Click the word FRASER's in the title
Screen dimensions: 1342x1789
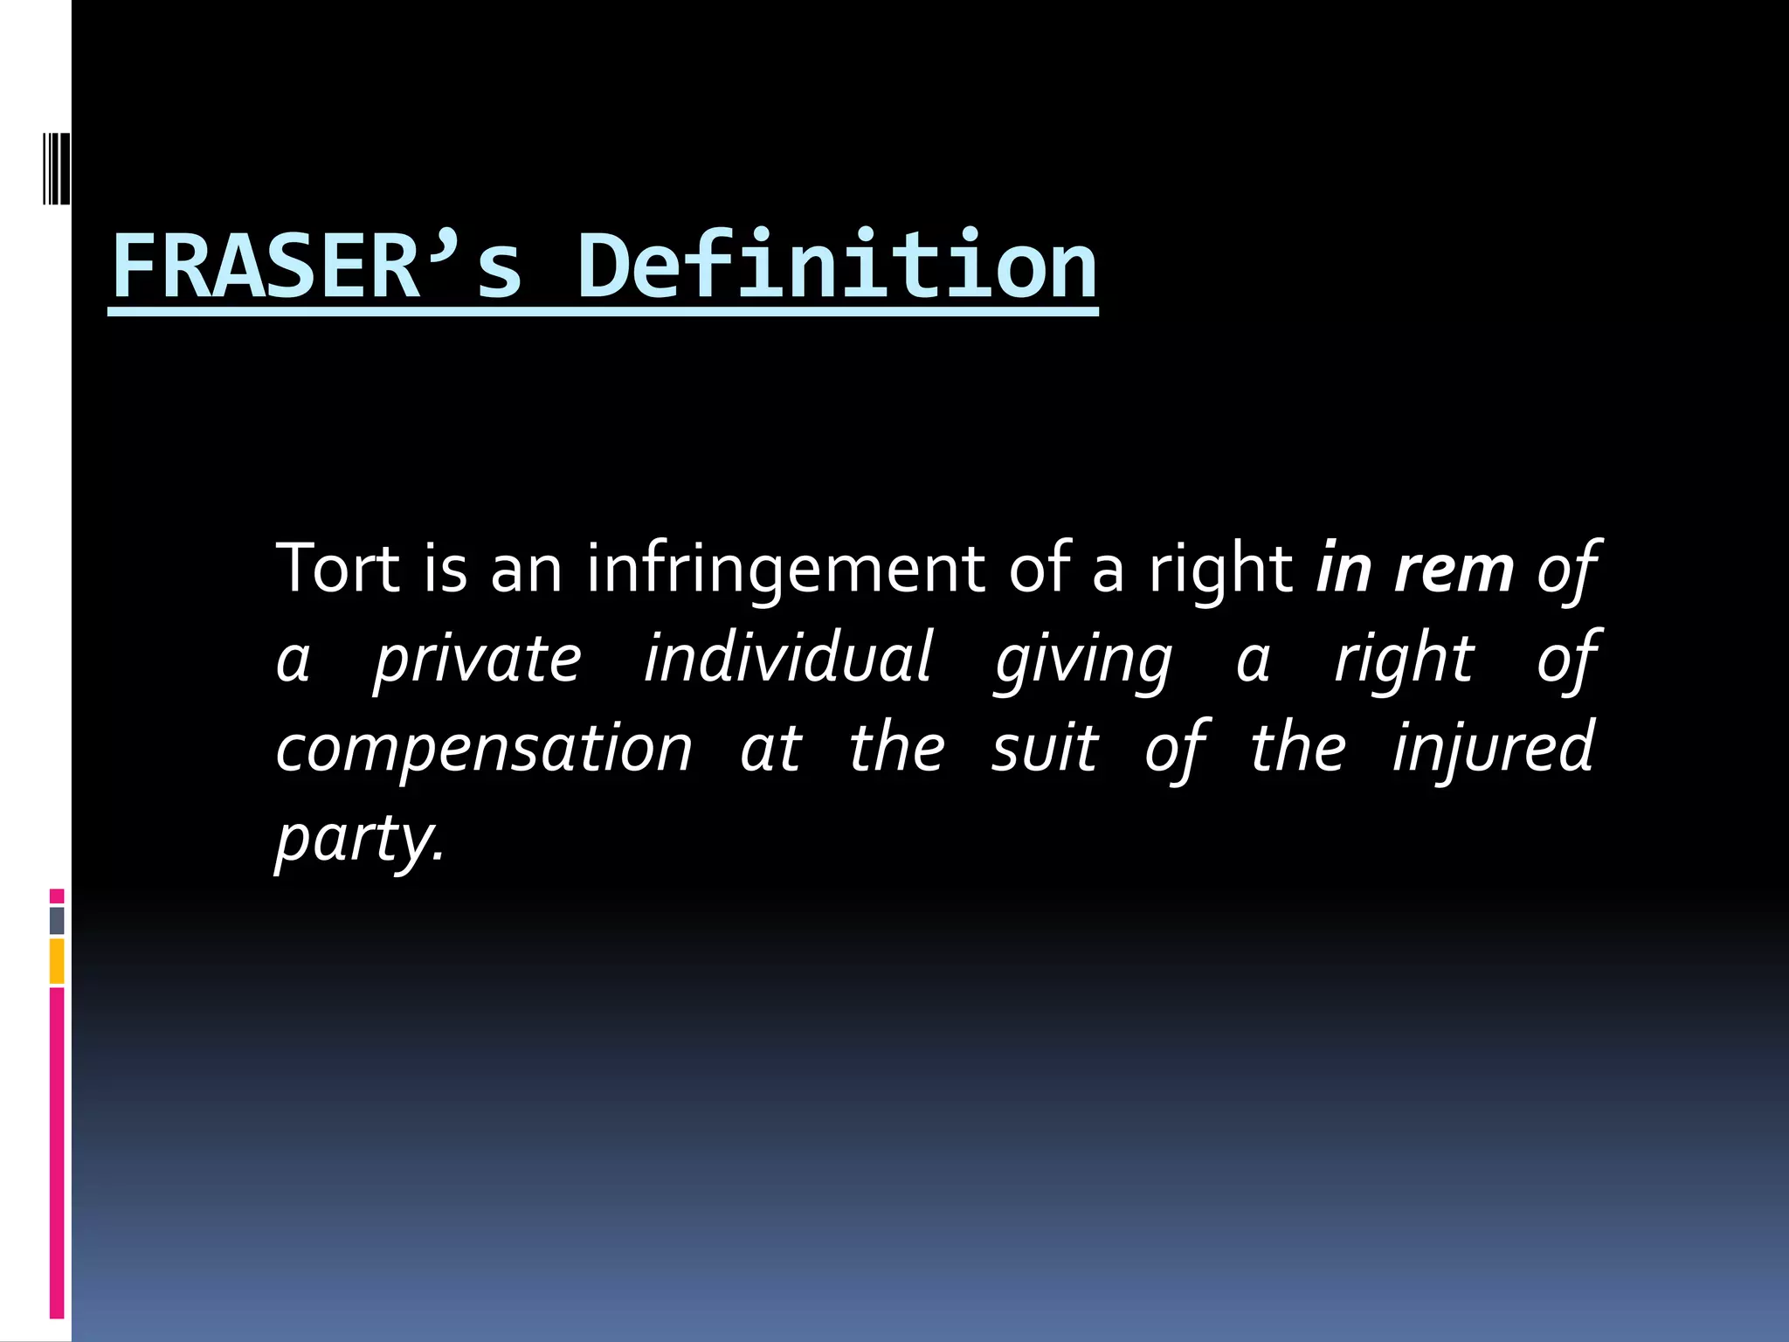coord(318,266)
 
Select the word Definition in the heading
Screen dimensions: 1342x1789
coord(836,266)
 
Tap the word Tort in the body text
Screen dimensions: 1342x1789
coord(337,569)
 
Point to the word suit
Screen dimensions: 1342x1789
coord(1045,749)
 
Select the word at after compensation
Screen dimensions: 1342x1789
coord(770,749)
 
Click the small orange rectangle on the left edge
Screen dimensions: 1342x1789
coord(57,961)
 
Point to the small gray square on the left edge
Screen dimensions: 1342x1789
coord(57,920)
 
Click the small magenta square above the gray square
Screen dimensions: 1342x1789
coord(57,896)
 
